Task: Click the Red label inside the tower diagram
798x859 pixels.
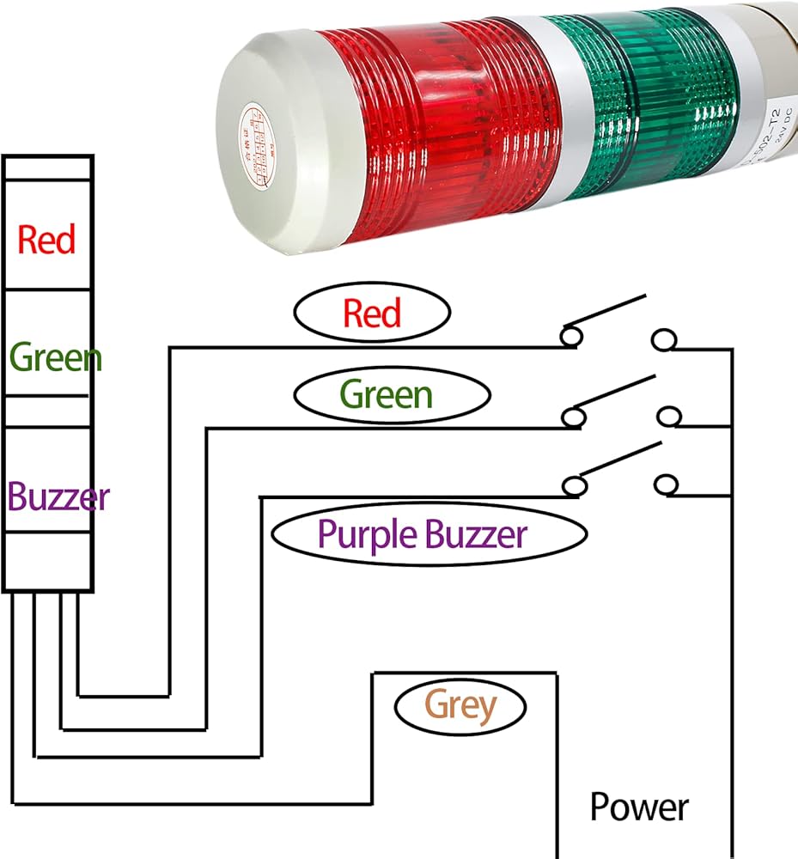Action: coord(46,239)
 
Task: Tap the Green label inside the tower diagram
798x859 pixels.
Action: coord(55,356)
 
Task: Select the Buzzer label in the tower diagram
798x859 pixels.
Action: coord(58,497)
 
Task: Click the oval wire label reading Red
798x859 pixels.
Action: coord(372,313)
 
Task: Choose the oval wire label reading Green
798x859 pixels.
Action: coord(386,394)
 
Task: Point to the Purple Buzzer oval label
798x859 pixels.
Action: coord(422,534)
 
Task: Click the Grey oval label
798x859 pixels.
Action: coord(460,706)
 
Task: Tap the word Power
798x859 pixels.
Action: coord(638,807)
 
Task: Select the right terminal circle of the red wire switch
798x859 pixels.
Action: coord(662,340)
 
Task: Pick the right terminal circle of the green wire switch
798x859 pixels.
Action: coord(668,417)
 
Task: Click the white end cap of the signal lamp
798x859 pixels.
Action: coord(283,146)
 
